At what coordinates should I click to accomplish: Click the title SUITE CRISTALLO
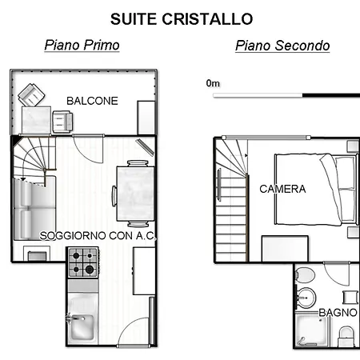[x=182, y=18]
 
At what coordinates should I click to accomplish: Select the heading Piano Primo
[x=82, y=46]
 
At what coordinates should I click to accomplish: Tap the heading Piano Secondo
[x=282, y=46]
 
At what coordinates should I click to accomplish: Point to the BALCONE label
[x=92, y=101]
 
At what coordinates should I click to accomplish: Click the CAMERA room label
[x=282, y=190]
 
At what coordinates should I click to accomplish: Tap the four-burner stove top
[x=82, y=259]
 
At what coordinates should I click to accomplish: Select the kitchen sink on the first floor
[x=82, y=328]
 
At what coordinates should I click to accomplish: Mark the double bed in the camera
[x=316, y=188]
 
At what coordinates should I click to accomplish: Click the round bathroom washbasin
[x=305, y=298]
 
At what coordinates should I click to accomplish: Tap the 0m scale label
[x=213, y=82]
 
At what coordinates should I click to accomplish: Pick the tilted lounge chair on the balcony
[x=32, y=95]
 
